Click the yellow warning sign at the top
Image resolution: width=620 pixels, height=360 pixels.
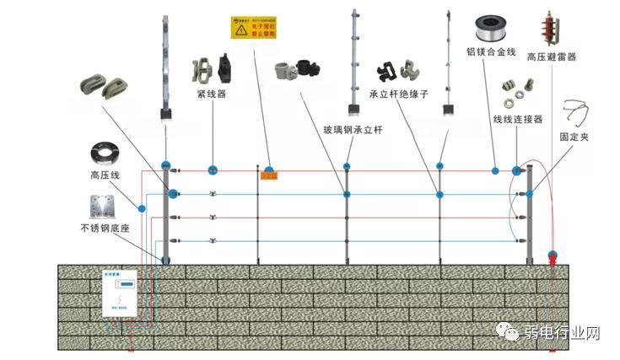(251, 27)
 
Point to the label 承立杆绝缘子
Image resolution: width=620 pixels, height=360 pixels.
(399, 94)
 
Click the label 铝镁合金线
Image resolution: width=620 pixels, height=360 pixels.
(492, 51)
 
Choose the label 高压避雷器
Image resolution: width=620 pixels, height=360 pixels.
(552, 56)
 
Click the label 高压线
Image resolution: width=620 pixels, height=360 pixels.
(106, 176)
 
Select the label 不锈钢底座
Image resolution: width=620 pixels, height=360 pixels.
(108, 228)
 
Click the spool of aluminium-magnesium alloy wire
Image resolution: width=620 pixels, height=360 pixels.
(491, 26)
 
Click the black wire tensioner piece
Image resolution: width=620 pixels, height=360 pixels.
(224, 67)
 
